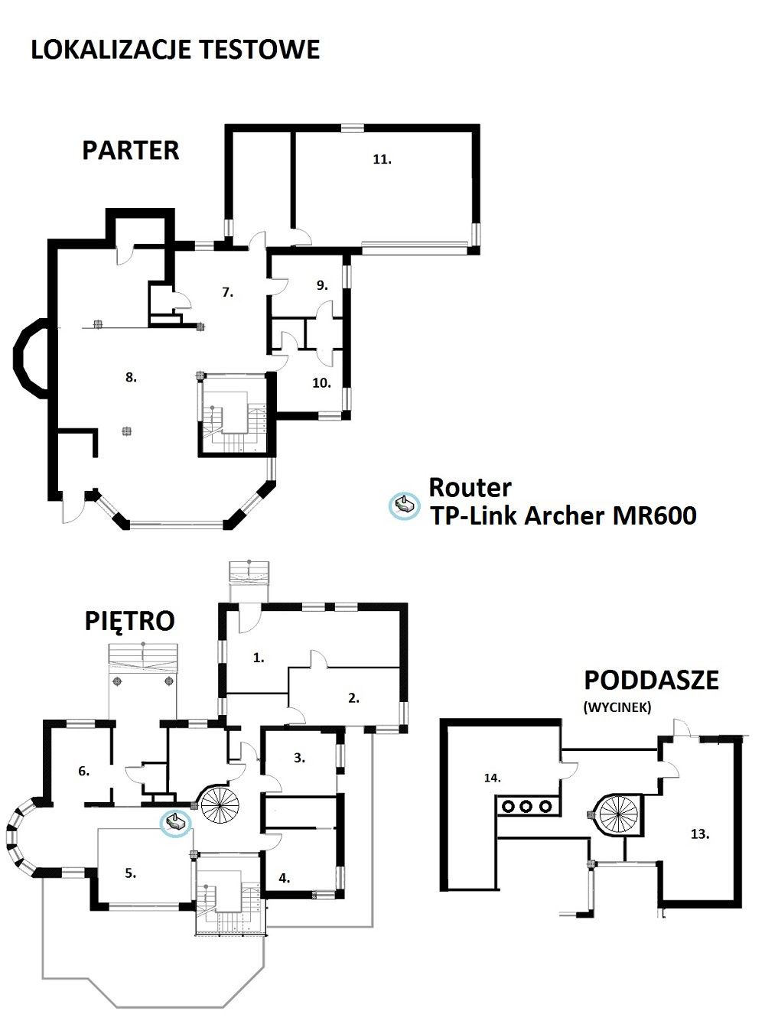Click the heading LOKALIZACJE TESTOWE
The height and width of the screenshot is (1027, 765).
(175, 50)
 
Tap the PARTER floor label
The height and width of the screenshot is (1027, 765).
(131, 151)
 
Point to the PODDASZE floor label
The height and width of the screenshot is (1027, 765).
(651, 681)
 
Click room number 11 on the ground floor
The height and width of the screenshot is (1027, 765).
(382, 160)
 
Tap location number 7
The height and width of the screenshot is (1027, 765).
(227, 292)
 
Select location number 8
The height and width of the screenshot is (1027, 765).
(131, 377)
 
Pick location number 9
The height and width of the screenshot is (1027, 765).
(323, 285)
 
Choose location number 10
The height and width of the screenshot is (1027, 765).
(321, 383)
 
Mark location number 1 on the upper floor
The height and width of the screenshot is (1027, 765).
(259, 658)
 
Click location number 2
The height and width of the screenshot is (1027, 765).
(353, 698)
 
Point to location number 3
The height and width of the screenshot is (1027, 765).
(299, 758)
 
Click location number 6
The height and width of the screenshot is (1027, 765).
(84, 772)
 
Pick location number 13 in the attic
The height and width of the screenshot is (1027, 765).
(700, 834)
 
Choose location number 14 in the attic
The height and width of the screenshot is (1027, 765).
(493, 778)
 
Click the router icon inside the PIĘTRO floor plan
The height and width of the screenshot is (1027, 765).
(176, 822)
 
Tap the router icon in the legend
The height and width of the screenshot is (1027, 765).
(404, 505)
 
